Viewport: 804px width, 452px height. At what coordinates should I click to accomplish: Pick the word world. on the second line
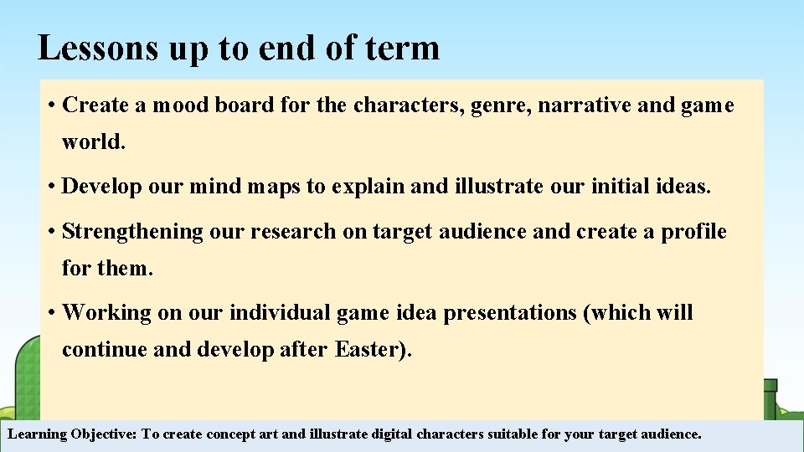click(x=94, y=141)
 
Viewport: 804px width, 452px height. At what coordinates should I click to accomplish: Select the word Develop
click(x=102, y=187)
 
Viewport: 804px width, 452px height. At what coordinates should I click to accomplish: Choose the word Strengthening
click(x=132, y=232)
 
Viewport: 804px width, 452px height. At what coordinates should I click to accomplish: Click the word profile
click(x=693, y=232)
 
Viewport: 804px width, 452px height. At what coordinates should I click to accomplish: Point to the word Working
click(x=107, y=313)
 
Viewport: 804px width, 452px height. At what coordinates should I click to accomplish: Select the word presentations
click(x=511, y=313)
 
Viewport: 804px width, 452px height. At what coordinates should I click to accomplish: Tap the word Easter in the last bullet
click(x=368, y=349)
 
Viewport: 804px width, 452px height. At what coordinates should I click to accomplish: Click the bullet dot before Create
click(x=52, y=105)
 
